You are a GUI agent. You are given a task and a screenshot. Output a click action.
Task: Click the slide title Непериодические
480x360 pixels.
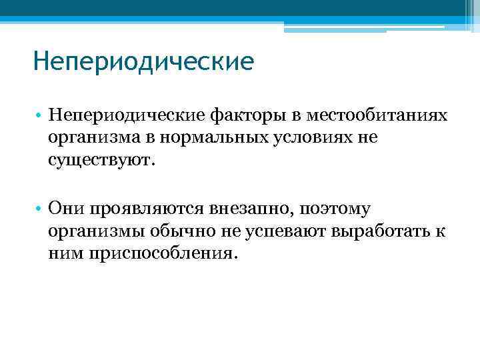(143, 63)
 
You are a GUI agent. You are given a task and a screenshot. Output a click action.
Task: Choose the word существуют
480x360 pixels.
(100, 160)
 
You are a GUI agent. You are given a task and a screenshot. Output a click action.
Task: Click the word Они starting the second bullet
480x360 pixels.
(63, 210)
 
